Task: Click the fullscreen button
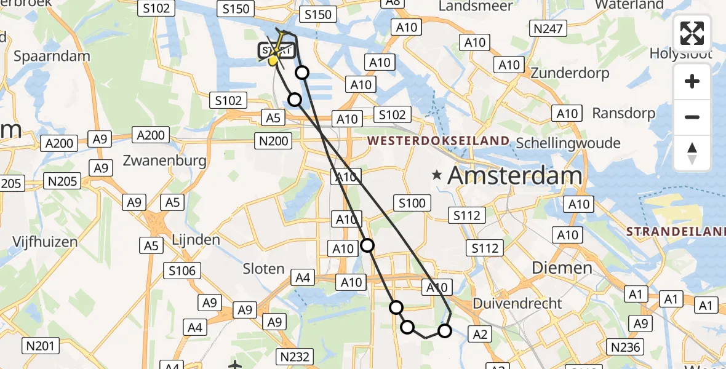point(692,33)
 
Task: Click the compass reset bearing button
point(692,154)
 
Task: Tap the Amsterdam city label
point(514,176)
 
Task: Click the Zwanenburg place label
point(164,161)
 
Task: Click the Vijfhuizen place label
point(45,242)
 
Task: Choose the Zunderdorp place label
point(570,73)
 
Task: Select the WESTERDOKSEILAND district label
point(439,141)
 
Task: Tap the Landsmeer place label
point(476,6)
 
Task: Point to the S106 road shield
point(182,270)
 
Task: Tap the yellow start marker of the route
point(274,60)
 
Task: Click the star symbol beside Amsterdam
point(437,175)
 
